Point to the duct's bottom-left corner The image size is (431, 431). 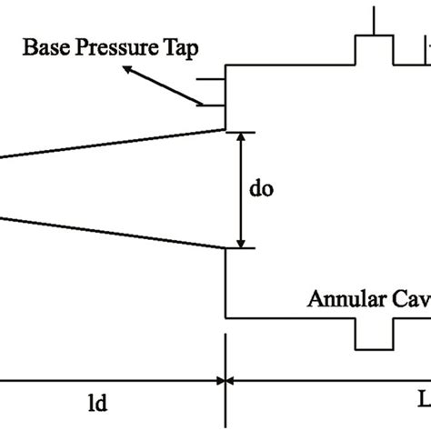coord(226,318)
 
